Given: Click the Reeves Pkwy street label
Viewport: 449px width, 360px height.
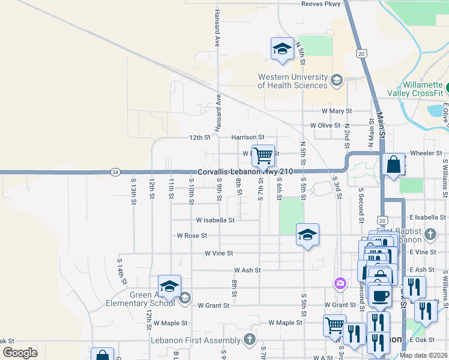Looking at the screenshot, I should (321, 4).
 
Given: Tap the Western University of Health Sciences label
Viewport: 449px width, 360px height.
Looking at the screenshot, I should (293, 81).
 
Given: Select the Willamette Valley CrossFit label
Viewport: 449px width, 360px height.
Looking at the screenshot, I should (423, 89).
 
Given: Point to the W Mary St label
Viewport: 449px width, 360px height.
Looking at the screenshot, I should (336, 111).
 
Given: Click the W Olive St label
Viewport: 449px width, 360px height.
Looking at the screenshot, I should (325, 125).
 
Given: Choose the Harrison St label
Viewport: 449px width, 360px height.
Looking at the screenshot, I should (247, 137).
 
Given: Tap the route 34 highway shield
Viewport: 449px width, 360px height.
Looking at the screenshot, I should (115, 172).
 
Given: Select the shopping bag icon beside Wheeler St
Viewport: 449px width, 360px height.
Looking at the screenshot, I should (393, 164).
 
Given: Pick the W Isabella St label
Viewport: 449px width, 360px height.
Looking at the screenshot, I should (214, 220).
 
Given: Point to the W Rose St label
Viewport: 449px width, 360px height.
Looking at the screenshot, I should (192, 236).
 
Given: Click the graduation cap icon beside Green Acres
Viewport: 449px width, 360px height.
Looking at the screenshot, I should (169, 287).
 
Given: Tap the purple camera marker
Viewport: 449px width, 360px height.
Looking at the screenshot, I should (340, 283).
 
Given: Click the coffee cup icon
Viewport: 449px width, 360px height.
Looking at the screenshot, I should (379, 295).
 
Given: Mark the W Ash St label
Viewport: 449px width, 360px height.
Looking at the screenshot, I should (247, 270).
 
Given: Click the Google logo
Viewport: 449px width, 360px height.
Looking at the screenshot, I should (20, 353).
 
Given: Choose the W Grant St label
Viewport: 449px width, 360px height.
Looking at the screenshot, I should (213, 305).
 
